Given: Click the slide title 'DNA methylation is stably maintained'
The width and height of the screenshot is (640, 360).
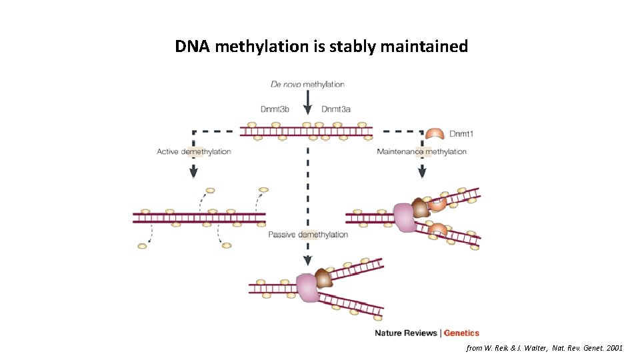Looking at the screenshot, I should coord(321,47).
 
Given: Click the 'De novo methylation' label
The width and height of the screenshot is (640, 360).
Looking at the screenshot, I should coord(307,85).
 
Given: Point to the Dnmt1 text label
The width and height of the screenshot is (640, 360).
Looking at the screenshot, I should coord(461,134).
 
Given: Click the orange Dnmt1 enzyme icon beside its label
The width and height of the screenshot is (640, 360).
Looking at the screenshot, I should coord(435,134).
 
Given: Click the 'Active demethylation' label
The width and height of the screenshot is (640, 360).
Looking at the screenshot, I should coord(194,151).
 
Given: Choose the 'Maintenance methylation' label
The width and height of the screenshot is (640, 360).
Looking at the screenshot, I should coord(421,151).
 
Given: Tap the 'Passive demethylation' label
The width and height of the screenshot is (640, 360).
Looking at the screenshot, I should coord(308,235).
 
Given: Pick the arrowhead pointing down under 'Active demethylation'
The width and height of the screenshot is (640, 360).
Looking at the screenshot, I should coord(193,173).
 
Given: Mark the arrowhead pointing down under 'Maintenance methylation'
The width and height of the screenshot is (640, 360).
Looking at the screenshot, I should coord(422,173).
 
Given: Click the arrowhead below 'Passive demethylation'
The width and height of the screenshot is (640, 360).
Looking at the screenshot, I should coord(307,260).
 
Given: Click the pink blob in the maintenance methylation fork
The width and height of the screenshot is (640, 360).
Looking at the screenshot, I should coord(404,217).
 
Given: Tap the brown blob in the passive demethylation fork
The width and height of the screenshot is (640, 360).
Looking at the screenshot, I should coord(324,278).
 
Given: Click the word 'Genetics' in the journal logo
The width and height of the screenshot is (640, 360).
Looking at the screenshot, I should coord(461,333).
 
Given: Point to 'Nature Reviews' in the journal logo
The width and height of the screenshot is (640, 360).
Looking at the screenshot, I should coord(406,333).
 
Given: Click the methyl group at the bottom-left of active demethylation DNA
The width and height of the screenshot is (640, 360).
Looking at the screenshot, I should coord(142,246).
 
